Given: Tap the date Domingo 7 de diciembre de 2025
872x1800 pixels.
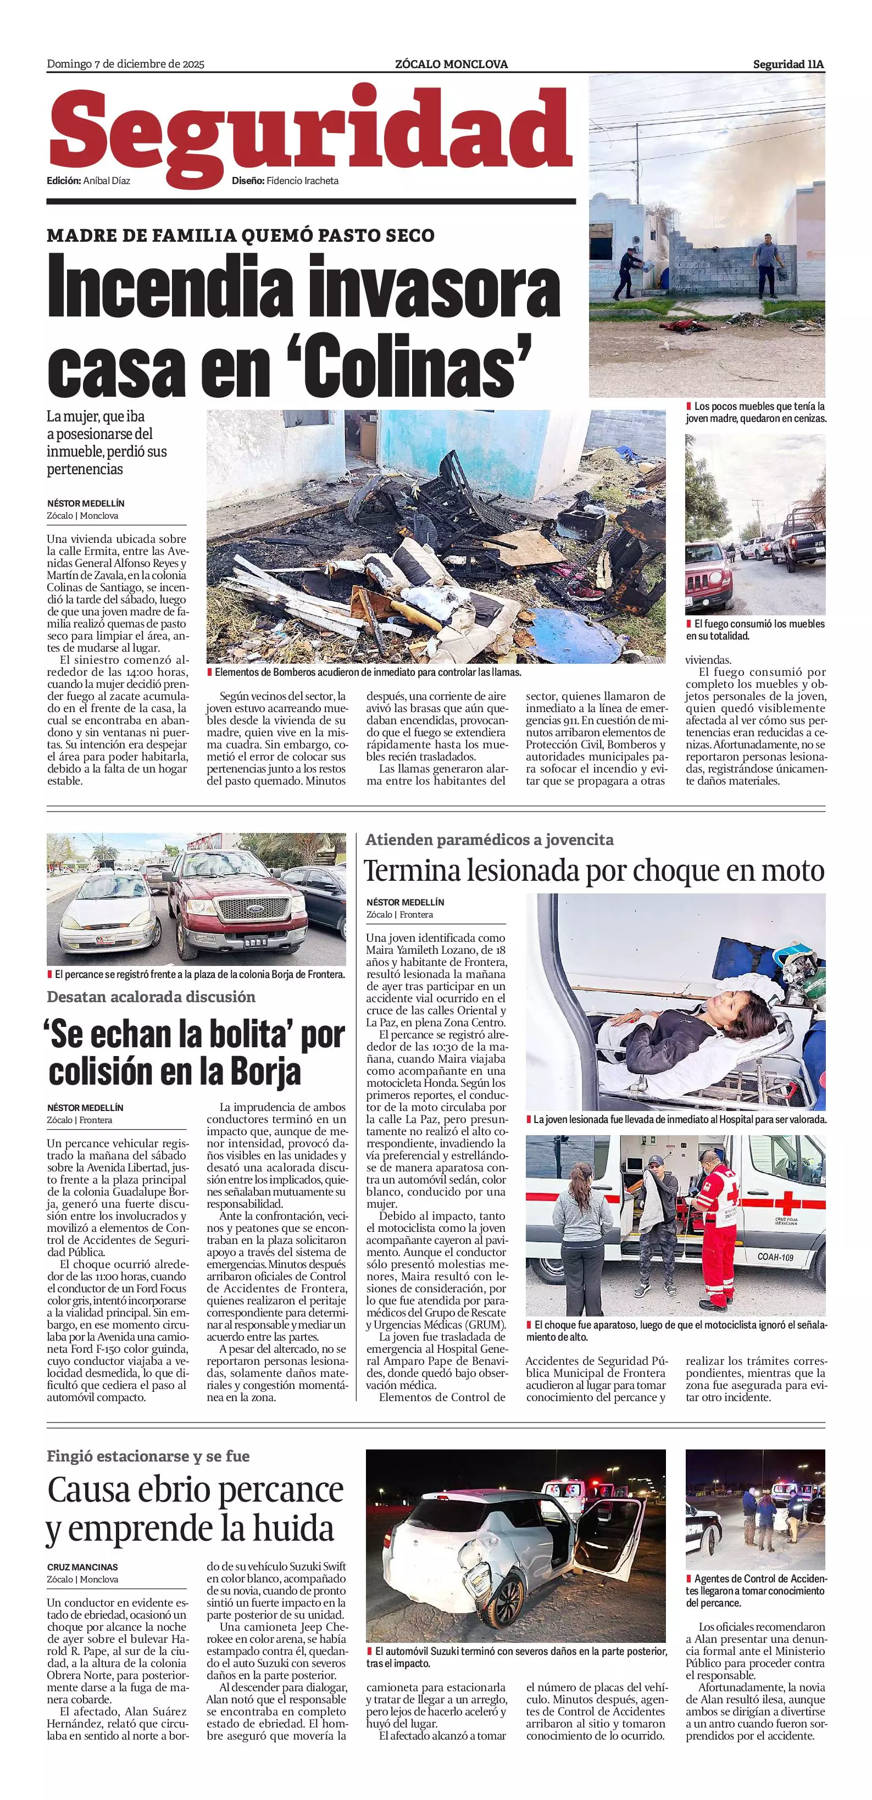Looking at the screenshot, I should (x=125, y=64).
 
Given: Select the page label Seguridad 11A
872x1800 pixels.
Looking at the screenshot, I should (x=788, y=64).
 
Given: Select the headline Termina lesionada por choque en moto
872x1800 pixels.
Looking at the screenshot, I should (x=594, y=871).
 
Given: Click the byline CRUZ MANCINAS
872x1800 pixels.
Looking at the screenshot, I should (x=82, y=1568).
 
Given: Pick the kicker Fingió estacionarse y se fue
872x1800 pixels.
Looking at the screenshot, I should (x=148, y=1456).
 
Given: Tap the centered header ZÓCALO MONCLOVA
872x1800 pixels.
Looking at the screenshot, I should (x=451, y=64).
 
